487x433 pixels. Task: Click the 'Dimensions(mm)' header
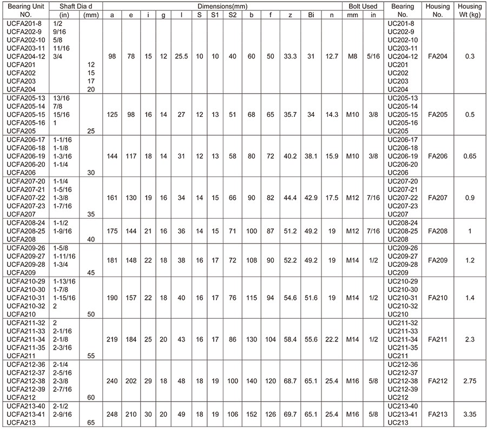[223, 6]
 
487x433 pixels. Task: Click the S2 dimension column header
[232, 15]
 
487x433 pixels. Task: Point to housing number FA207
[438, 198]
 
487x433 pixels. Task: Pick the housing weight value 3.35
[470, 415]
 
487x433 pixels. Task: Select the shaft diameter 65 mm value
[91, 423]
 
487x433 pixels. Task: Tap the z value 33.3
[291, 56]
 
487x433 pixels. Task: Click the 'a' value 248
[112, 415]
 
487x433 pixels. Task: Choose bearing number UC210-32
[403, 306]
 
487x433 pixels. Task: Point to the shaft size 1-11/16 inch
[64, 256]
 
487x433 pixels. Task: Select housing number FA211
[438, 339]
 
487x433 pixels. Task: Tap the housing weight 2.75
[470, 381]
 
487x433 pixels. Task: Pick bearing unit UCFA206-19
[25, 156]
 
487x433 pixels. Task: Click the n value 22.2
[332, 339]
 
